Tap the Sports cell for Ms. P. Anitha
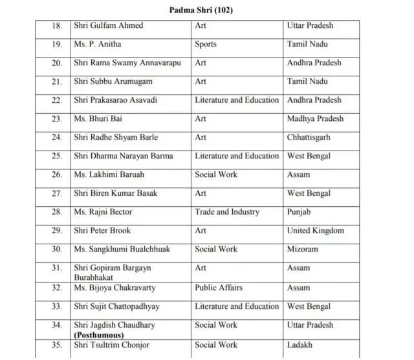coord(206,45)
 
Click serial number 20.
coord(57,63)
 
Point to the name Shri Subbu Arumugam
coord(113,81)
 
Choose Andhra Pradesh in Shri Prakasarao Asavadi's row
coord(314,100)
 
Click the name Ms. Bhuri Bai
coord(98,119)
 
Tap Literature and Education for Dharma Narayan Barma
coord(237,156)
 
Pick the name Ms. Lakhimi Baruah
coord(109,175)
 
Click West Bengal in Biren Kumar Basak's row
coord(309,193)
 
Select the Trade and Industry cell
coord(227,212)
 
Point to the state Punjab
coord(299,212)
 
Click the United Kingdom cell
coord(316,231)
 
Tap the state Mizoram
coord(303,249)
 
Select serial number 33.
coord(57,307)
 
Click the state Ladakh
coord(300,346)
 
